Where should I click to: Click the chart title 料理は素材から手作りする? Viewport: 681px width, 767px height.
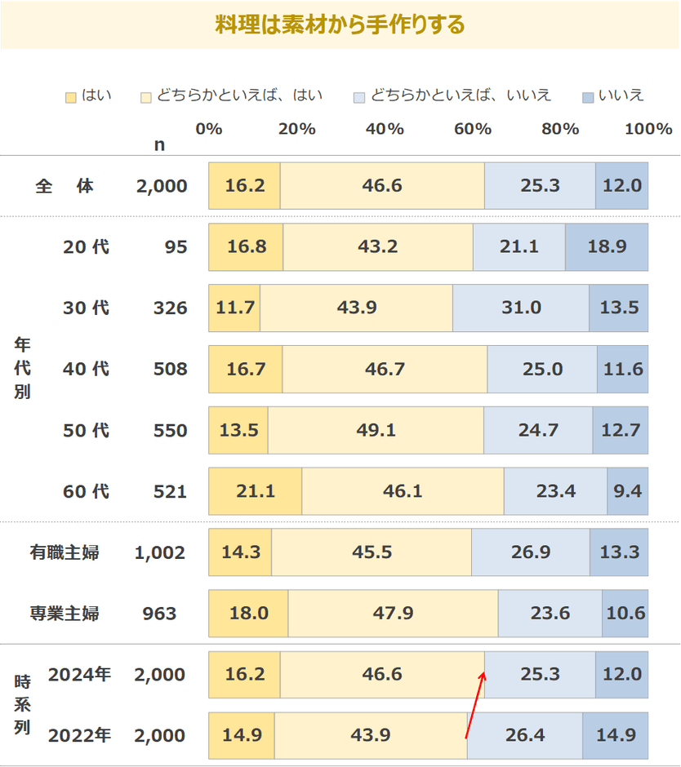340,24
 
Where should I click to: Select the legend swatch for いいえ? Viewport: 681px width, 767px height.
587,97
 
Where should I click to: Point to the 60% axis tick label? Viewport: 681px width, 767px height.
472,129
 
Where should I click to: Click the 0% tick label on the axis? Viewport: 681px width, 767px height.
209,129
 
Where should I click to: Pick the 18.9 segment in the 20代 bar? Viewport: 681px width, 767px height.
606,246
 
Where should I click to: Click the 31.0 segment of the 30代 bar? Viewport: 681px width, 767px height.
521,308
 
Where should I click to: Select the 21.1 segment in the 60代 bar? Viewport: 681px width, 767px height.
255,491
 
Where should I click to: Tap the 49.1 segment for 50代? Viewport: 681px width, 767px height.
376,430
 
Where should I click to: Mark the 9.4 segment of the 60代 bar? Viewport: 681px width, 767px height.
627,491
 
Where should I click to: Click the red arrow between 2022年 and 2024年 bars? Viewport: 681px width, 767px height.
475,704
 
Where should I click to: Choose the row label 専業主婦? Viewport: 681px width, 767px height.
65,614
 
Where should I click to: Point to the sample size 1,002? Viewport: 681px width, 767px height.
161,552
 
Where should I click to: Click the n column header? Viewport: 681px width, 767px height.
159,145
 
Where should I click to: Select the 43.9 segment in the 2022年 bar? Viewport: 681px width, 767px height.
371,736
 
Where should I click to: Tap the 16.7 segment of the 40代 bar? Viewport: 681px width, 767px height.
245,369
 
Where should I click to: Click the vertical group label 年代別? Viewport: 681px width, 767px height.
22,369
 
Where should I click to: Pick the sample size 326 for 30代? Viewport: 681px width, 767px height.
170,308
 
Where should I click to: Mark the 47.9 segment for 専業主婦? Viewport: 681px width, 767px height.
393,614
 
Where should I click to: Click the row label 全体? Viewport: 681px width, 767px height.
65,186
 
